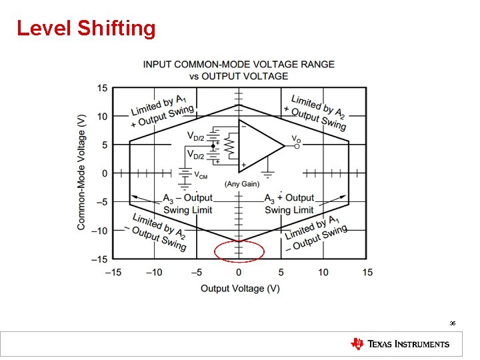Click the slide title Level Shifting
point(86,28)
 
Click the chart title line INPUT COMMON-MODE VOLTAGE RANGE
point(239,64)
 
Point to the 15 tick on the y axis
point(102,88)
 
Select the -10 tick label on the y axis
point(99,231)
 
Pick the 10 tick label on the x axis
point(323,272)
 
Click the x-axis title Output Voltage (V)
point(240,288)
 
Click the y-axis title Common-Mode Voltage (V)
point(81,172)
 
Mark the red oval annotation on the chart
point(239,251)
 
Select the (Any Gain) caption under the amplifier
point(242,184)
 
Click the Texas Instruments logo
point(400,344)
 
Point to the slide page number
point(452,323)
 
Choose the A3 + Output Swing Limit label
point(289,204)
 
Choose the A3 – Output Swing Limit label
point(187,204)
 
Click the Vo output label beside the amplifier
point(295,139)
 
